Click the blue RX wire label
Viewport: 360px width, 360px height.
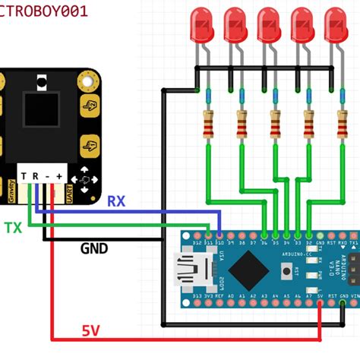[x=116, y=201]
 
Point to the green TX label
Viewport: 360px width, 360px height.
[x=13, y=227]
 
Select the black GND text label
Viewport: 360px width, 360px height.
[x=94, y=248]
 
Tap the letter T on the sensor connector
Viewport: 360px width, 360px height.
[x=24, y=176]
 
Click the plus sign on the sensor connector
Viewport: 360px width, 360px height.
[x=58, y=176]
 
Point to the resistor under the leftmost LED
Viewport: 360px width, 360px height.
[x=208, y=125]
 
